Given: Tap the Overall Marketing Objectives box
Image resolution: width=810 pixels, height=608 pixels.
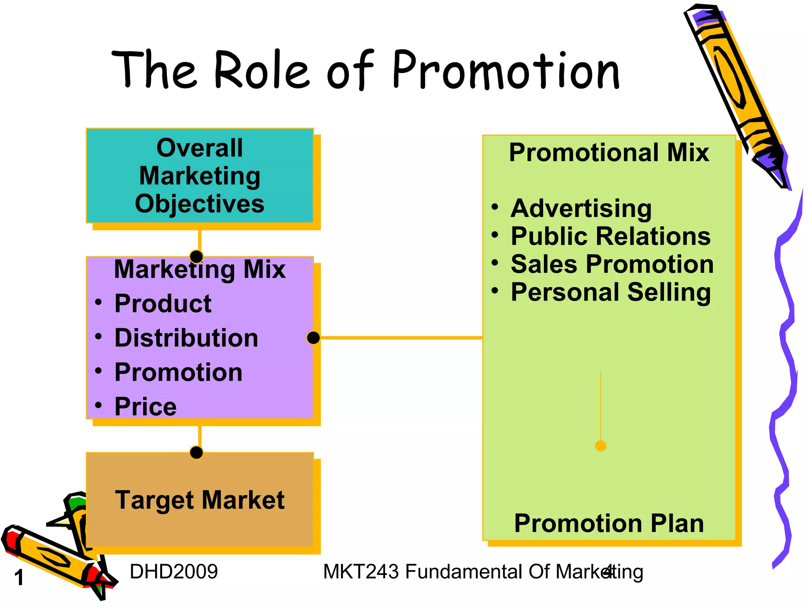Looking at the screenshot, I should [x=200, y=176].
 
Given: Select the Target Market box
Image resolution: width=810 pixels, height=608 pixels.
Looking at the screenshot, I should [x=200, y=500].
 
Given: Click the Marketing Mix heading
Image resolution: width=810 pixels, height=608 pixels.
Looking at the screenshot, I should [x=200, y=270].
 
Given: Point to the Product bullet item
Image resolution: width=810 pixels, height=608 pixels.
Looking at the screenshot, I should [x=163, y=304].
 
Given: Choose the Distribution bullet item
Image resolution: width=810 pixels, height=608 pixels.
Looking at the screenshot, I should [x=186, y=338].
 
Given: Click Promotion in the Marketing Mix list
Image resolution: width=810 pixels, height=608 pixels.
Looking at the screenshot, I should [x=178, y=372].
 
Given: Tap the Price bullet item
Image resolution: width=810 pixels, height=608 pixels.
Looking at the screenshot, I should [x=145, y=407].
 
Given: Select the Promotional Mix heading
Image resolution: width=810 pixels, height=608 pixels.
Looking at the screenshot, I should [x=609, y=152].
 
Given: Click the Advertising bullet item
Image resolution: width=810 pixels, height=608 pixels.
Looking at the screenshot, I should [x=581, y=209].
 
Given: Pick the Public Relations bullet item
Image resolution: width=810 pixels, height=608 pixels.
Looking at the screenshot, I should [x=610, y=236].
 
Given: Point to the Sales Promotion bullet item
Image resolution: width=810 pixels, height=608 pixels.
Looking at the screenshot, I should [x=612, y=264].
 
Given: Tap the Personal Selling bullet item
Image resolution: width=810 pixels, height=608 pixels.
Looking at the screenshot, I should [x=610, y=293].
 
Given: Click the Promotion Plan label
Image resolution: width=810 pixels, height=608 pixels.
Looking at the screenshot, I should [x=609, y=523].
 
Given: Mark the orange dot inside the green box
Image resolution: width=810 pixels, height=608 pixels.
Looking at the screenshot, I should [x=600, y=446].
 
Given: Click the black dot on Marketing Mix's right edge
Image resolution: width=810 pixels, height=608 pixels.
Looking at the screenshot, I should [x=313, y=338].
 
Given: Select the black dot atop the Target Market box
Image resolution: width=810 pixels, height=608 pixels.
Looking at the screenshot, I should [x=197, y=452].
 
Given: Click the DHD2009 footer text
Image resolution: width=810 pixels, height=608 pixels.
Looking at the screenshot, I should [x=174, y=572].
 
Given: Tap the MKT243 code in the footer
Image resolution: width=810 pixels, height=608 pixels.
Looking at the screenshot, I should [x=361, y=572].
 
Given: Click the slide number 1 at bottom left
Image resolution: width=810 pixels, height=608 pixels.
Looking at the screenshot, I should [x=19, y=578].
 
